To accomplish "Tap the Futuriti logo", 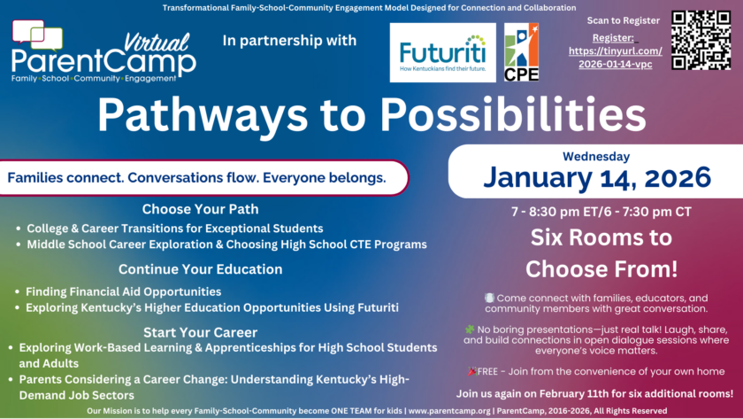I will pyautogui.click(x=442, y=52).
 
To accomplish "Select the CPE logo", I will pyautogui.click(x=521, y=52).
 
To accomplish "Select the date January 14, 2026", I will pyautogui.click(x=596, y=177).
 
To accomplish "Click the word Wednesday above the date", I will pyautogui.click(x=596, y=156).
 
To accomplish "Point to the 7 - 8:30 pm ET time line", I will pyautogui.click(x=601, y=212).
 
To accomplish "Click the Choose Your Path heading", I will pyautogui.click(x=200, y=210).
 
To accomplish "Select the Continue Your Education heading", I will pyautogui.click(x=200, y=269).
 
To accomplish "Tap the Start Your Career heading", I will pyautogui.click(x=200, y=332).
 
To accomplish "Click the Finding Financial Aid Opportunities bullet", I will pyautogui.click(x=123, y=291).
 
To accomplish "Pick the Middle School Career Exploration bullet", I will pyautogui.click(x=226, y=244).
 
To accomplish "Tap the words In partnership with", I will pyautogui.click(x=289, y=40).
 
